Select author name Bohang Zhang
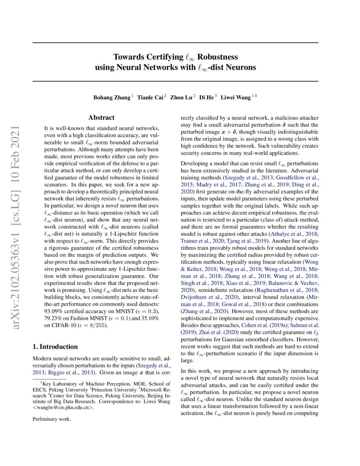pos(112,97)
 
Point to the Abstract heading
pos(101,117)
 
